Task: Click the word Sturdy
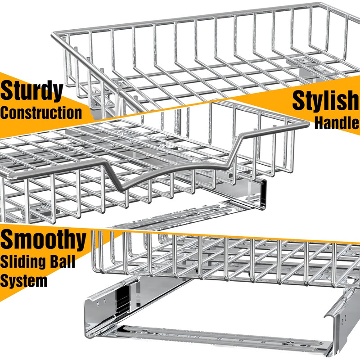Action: click(31, 91)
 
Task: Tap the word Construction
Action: click(41, 112)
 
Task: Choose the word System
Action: click(23, 281)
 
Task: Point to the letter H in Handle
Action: click(319, 122)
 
